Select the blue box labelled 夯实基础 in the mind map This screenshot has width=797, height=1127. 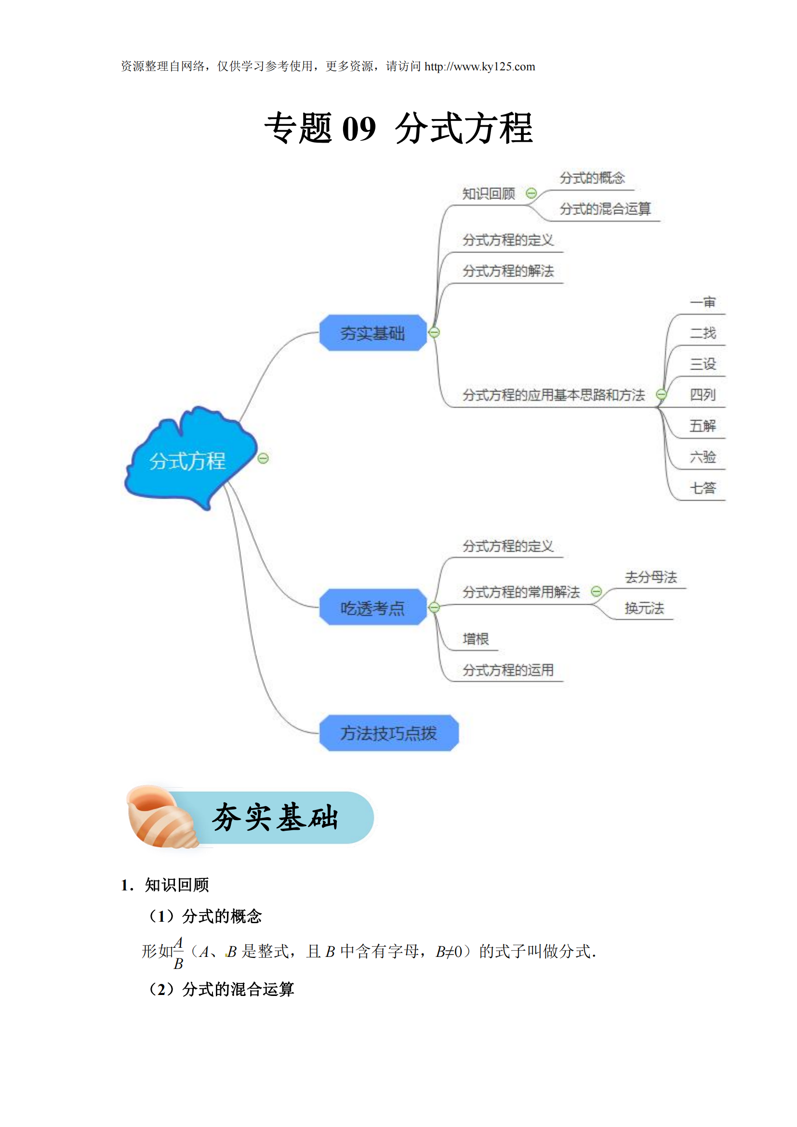(372, 333)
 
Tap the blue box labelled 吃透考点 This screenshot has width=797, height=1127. (372, 607)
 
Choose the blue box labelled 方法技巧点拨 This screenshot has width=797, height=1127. (389, 733)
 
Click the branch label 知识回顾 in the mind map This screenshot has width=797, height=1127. (489, 194)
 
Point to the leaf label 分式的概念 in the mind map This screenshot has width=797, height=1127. (592, 178)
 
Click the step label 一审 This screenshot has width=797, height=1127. (703, 302)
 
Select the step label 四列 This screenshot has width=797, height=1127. (703, 395)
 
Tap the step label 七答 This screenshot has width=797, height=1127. (703, 488)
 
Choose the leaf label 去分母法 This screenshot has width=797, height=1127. (651, 577)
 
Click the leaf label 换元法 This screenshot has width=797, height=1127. (644, 608)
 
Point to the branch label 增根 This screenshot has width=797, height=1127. (476, 639)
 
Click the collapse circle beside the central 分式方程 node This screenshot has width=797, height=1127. (263, 458)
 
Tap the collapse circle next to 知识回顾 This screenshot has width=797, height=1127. (531, 193)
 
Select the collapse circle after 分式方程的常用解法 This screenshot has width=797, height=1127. (596, 591)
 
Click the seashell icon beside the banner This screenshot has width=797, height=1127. (162, 816)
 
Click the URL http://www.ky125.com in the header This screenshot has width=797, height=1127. (479, 66)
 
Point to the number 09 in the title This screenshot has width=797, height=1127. (359, 129)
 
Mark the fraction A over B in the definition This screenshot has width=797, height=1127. (178, 953)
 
